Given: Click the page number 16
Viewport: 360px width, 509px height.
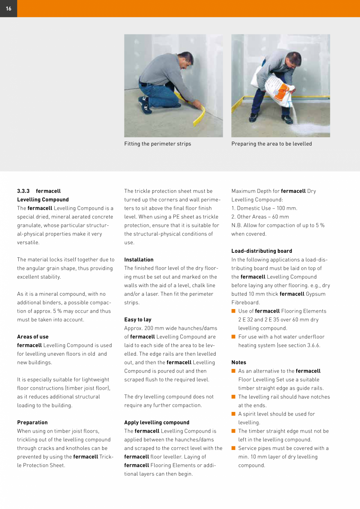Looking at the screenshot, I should tap(9, 9).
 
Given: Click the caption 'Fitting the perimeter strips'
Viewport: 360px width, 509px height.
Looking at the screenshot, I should tap(158, 144).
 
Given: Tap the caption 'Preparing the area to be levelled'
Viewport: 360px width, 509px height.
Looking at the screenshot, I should tap(272, 144).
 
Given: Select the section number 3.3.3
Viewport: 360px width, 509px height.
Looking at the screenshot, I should tap(23, 191).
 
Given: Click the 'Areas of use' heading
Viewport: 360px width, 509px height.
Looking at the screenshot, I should tap(33, 337).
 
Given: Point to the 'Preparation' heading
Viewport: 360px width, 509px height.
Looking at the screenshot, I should tap(32, 423).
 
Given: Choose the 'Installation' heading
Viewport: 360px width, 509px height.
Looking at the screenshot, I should tap(139, 260).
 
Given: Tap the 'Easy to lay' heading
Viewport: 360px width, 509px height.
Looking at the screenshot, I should tap(138, 320).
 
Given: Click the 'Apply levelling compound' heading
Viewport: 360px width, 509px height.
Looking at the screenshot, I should tap(157, 423).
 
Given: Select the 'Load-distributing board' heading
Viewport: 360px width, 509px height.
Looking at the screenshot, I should tap(262, 251).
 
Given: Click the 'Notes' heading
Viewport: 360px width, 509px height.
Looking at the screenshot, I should tap(239, 363).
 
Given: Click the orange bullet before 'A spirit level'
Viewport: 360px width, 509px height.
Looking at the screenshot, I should tap(234, 414).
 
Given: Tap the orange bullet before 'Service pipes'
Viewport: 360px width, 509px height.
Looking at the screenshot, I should tap(234, 448).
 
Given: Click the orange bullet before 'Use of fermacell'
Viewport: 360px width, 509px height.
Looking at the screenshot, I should tap(234, 311).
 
